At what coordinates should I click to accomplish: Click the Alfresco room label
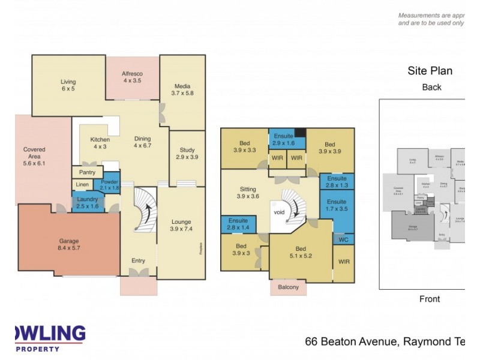[133, 77]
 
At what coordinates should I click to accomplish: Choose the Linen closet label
[82, 184]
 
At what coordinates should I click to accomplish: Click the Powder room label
[109, 185]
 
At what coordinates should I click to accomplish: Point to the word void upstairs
[279, 212]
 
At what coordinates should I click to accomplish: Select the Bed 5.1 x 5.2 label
[301, 251]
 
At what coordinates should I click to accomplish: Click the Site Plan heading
[430, 71]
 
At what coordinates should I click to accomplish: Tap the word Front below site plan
[430, 299]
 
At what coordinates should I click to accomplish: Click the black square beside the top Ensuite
[301, 133]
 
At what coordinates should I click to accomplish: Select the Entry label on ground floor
[139, 260]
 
